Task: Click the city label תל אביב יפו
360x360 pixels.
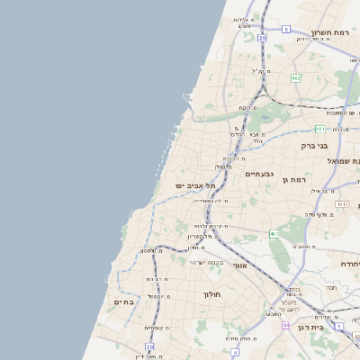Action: [194, 185]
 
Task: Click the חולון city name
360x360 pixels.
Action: [212, 293]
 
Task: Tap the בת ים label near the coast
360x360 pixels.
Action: [123, 302]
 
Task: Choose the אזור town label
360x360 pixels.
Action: [239, 265]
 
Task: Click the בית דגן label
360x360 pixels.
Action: [309, 327]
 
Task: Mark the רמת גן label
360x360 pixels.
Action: [294, 180]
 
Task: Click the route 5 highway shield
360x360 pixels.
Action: [286, 29]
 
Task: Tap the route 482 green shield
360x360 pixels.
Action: [295, 78]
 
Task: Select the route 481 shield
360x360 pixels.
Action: [320, 130]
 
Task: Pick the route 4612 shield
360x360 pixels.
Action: [341, 205]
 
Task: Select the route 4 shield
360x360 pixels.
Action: [234, 353]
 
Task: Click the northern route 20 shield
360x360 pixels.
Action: [262, 39]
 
